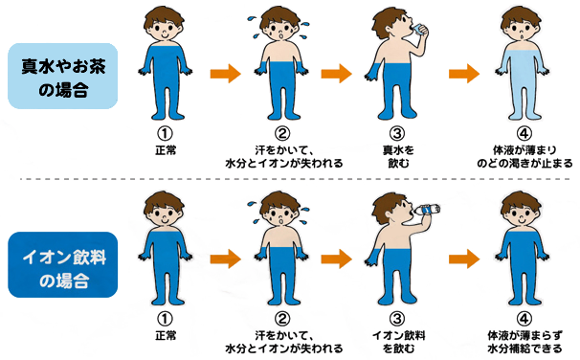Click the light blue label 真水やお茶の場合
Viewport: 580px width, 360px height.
pyautogui.click(x=63, y=77)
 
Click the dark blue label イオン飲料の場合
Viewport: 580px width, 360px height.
pyautogui.click(x=63, y=264)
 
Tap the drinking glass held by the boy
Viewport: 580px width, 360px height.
pyautogui.click(x=420, y=30)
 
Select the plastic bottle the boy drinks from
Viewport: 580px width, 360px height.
pyautogui.click(x=427, y=210)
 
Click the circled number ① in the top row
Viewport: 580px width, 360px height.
pyautogui.click(x=165, y=134)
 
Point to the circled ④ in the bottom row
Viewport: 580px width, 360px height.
pyautogui.click(x=524, y=319)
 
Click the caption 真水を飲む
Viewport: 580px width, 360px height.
pyautogui.click(x=398, y=156)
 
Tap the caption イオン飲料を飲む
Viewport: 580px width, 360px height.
pyautogui.click(x=398, y=342)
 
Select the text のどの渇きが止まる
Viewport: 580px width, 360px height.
pyautogui.click(x=524, y=163)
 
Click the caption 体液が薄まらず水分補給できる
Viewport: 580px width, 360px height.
pyautogui.click(x=524, y=342)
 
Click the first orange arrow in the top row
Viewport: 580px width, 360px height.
pyautogui.click(x=225, y=74)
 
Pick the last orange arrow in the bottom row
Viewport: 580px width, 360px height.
pyautogui.click(x=464, y=259)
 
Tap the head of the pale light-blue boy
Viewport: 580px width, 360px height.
pyautogui.click(x=522, y=25)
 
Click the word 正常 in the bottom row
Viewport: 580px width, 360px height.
pyautogui.click(x=166, y=336)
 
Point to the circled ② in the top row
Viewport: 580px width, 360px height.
pyautogui.click(x=281, y=134)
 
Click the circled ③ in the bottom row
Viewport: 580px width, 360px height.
pyautogui.click(x=397, y=319)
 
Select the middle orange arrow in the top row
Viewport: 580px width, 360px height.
pyautogui.click(x=336, y=74)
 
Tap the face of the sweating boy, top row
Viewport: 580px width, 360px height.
pyautogui.click(x=280, y=31)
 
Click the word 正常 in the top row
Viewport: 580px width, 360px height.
pyautogui.click(x=166, y=150)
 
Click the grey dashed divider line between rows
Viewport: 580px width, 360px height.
pyautogui.click(x=295, y=179)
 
